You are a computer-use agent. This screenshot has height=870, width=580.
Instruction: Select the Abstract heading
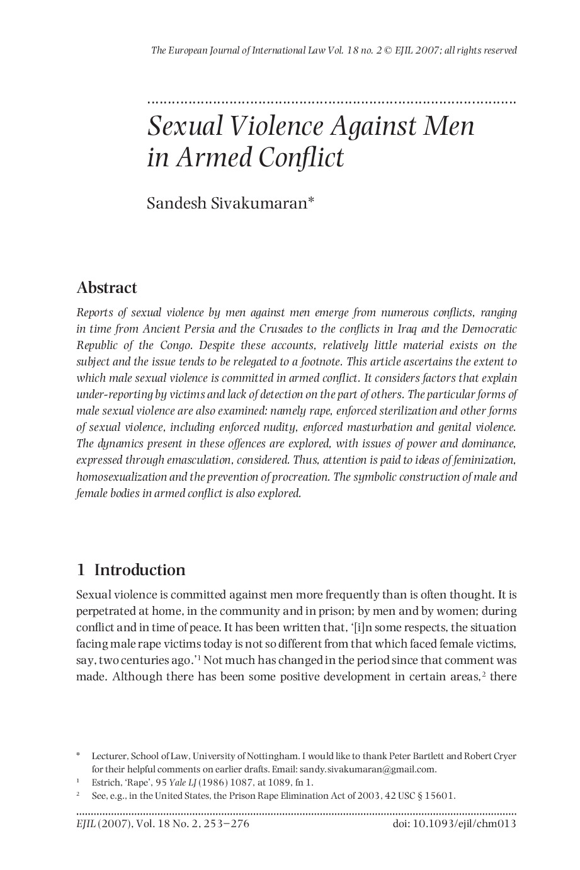tap(106, 288)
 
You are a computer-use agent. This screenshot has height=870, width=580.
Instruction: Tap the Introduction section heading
tap(139, 570)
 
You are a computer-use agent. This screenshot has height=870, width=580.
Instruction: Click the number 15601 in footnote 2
tap(438, 796)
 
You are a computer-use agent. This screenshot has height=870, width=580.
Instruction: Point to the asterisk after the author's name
tap(310, 200)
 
